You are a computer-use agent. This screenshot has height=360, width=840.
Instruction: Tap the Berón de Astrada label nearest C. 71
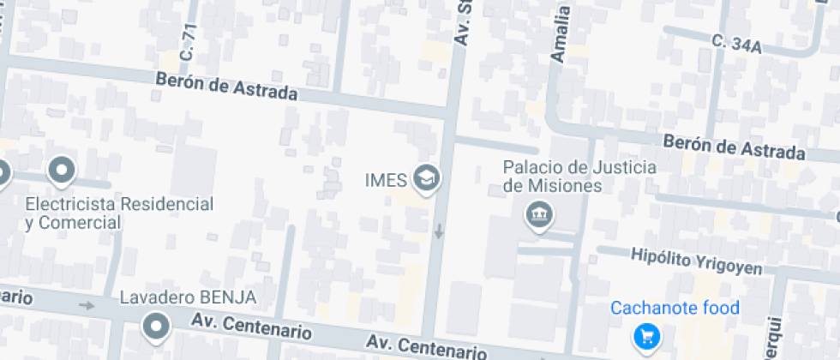pyautogui.click(x=226, y=86)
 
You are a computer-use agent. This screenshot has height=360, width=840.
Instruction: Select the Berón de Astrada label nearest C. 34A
pyautogui.click(x=735, y=147)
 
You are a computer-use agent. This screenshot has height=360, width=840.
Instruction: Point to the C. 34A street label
pyautogui.click(x=736, y=44)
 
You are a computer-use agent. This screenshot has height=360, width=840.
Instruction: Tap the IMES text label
pyautogui.click(x=385, y=179)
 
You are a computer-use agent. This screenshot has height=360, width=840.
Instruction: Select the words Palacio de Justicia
pyautogui.click(x=580, y=166)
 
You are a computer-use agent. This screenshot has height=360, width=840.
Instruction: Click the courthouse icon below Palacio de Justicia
pyautogui.click(x=539, y=214)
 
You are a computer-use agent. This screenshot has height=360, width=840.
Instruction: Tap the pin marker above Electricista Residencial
pyautogui.click(x=62, y=171)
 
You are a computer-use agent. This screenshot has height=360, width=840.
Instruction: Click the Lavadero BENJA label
pyautogui.click(x=188, y=297)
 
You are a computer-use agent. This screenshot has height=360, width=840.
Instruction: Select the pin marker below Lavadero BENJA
pyautogui.click(x=155, y=326)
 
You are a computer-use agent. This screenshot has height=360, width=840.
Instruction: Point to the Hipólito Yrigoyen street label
pyautogui.click(x=696, y=261)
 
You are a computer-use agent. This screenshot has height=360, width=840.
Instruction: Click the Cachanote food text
pyautogui.click(x=675, y=309)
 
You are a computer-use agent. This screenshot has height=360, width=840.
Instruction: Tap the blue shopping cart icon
pyautogui.click(x=645, y=338)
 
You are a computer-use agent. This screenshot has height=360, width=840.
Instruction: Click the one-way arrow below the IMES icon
pyautogui.click(x=439, y=231)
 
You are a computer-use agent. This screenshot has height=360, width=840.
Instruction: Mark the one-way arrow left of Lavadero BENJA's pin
pyautogui.click(x=86, y=305)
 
